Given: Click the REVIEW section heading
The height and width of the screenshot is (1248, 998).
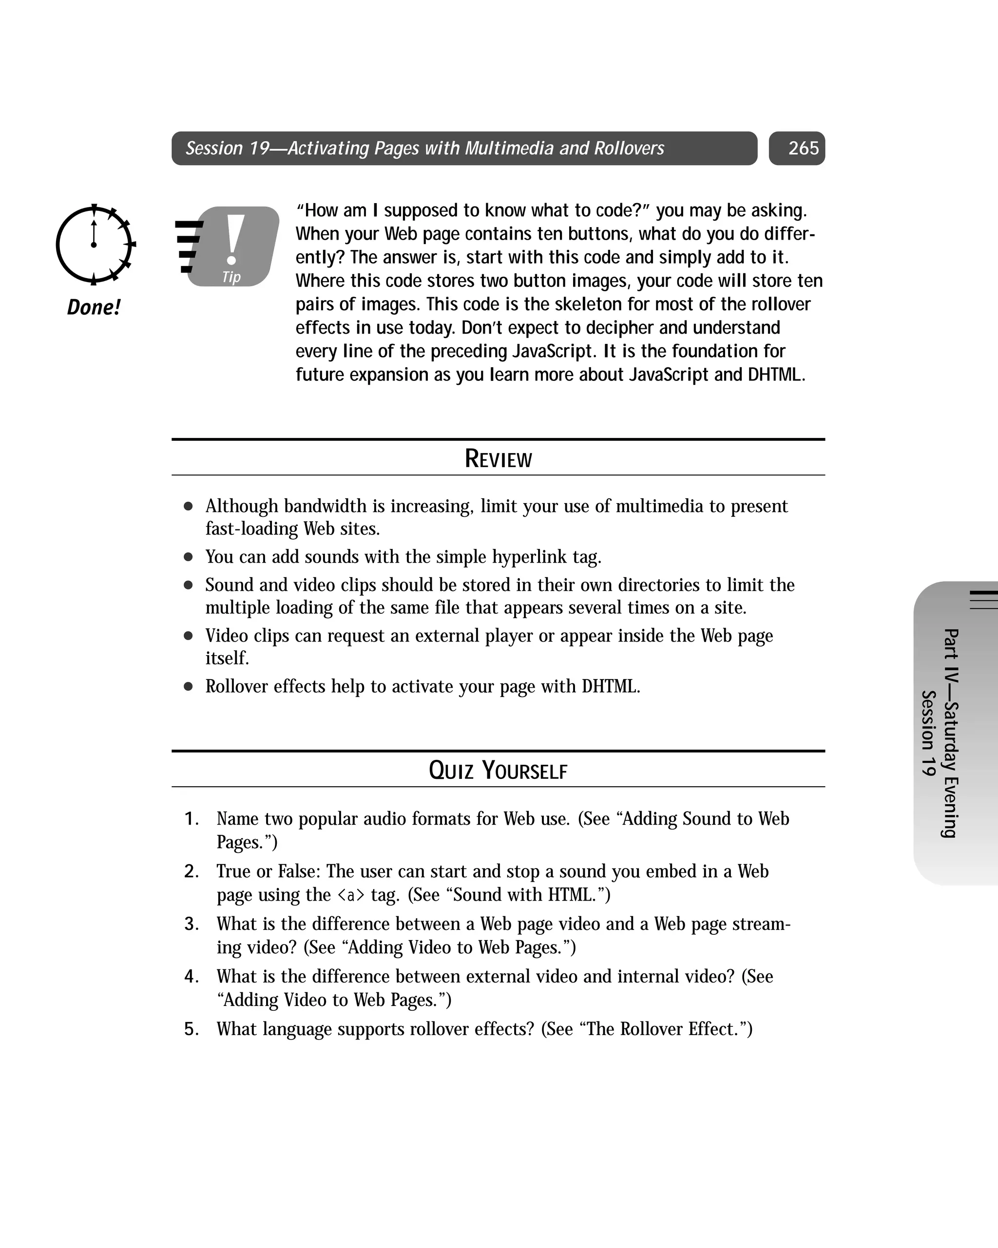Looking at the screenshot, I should point(498,458).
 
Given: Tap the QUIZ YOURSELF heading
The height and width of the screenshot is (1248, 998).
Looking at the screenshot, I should point(498,771).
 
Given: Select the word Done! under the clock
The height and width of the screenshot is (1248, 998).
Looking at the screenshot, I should point(93,307).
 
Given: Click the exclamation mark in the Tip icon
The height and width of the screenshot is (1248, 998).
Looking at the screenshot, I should point(233,240).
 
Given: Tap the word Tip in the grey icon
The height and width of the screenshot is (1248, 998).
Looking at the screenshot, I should point(231,277).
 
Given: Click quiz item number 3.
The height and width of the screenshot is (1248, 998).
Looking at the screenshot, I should point(192,924).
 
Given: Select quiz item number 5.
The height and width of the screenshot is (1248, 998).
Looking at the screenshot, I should point(192,1029).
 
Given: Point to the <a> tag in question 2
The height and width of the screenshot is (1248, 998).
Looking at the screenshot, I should point(351,895).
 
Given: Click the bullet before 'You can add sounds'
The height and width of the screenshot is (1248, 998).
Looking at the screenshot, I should point(188,557).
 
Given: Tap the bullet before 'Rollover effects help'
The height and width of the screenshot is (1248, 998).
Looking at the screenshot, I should point(188,686).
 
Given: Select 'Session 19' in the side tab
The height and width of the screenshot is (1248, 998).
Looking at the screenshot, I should point(928,733).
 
